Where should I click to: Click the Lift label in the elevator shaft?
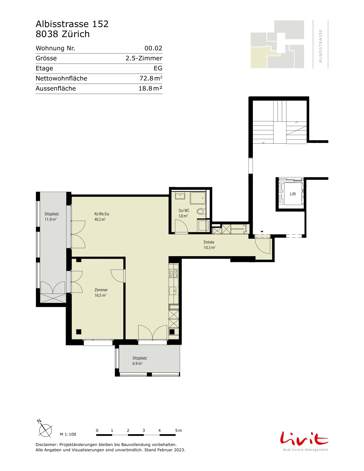coord(293,194)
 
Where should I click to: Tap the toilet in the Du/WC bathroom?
coord(201,211)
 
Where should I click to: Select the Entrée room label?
coord(209,242)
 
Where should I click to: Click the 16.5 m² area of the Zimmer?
coord(100,295)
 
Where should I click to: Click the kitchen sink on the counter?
coord(173,291)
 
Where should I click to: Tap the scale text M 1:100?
coord(68,434)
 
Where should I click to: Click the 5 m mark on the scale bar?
coord(179,430)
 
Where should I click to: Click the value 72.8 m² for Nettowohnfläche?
coord(151,78)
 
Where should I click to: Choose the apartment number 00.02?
coord(153,48)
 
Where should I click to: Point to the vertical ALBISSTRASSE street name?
coord(320,46)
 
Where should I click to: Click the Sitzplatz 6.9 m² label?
coord(139,361)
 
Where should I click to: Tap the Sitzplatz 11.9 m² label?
coord(51,217)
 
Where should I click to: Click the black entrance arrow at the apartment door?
coord(262,232)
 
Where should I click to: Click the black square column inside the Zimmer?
coord(79,332)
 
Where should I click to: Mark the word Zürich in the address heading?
coord(76,34)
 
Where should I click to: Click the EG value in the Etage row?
coord(158,68)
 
